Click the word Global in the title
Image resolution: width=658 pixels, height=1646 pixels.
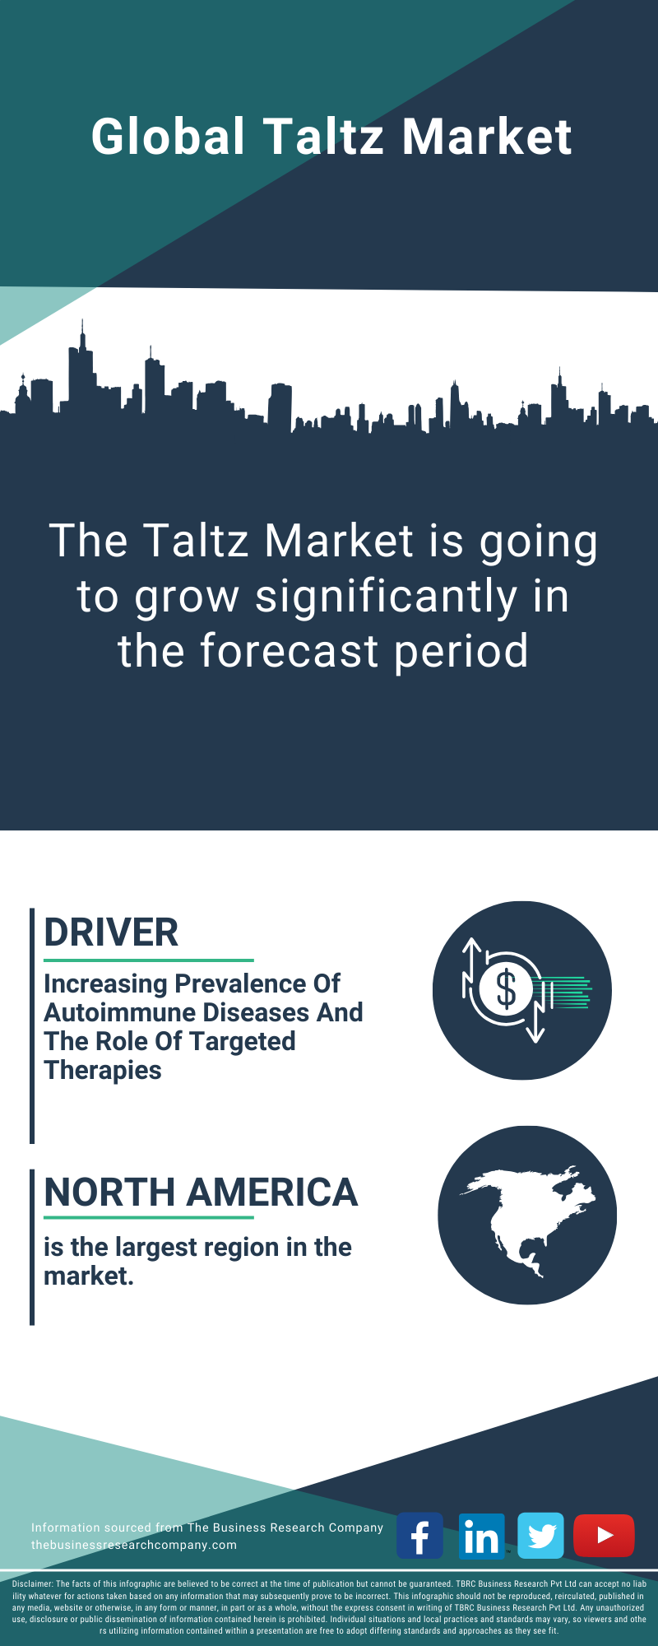click(x=169, y=136)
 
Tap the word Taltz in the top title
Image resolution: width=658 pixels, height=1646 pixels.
click(x=323, y=136)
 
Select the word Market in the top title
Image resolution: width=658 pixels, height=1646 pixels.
click(x=487, y=136)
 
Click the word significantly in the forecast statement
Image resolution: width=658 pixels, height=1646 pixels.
click(x=387, y=597)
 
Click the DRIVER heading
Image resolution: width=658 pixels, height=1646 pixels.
click(x=111, y=932)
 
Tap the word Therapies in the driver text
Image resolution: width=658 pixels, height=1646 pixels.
click(x=103, y=1070)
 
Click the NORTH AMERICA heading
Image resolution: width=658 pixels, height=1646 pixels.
click(x=201, y=1193)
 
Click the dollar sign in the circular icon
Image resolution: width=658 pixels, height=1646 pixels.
click(x=507, y=989)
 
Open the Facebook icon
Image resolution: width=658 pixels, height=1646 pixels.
click(x=420, y=1536)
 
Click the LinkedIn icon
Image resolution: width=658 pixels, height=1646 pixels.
click(x=481, y=1536)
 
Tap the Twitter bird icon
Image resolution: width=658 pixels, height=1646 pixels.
click(x=541, y=1536)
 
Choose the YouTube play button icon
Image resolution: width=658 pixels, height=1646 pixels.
click(x=604, y=1536)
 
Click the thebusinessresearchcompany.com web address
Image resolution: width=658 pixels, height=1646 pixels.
click(x=134, y=1545)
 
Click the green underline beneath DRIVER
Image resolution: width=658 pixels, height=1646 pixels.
click(x=149, y=960)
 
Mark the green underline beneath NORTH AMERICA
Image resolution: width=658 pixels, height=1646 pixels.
click(x=149, y=1218)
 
